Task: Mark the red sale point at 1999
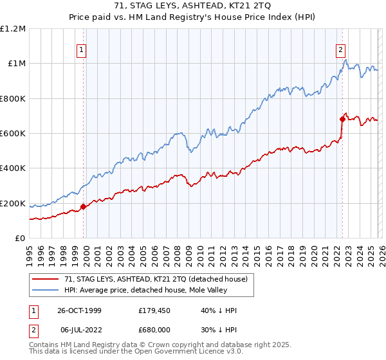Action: pyautogui.click(x=84, y=207)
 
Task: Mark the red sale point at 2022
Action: pyautogui.click(x=342, y=119)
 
